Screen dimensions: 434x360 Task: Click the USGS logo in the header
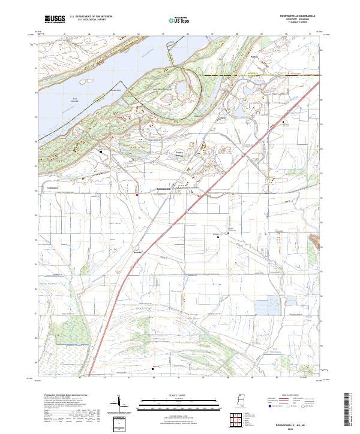tap(55, 19)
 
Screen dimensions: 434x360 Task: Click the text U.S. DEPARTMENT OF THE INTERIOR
tap(91, 17)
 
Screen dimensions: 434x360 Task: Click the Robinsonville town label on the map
tap(164, 189)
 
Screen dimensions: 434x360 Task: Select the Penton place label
tap(253, 58)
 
